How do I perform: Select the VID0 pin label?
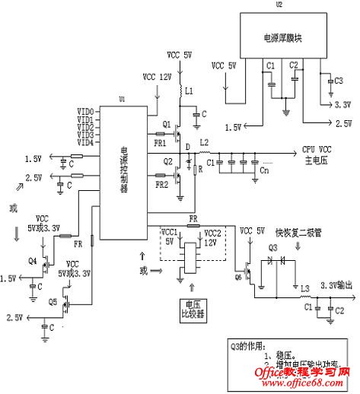(x=85, y=112)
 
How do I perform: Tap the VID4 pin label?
(x=85, y=142)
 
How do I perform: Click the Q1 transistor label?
(x=166, y=124)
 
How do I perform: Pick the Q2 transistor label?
(x=166, y=163)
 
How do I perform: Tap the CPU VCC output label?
(x=317, y=149)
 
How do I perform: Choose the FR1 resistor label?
(x=160, y=143)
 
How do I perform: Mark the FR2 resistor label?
(x=161, y=185)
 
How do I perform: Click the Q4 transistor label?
(x=32, y=261)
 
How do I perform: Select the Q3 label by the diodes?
(x=274, y=246)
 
